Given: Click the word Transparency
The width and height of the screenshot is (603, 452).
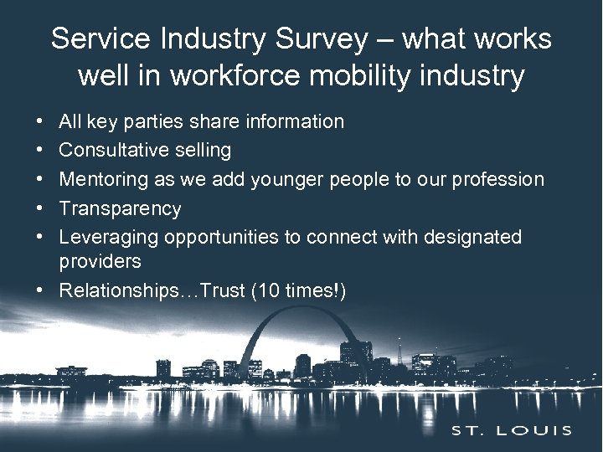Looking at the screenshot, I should (120, 208).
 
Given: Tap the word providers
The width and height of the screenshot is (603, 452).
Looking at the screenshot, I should (100, 261).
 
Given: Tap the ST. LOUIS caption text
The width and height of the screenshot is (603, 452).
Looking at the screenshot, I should (512, 431).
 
